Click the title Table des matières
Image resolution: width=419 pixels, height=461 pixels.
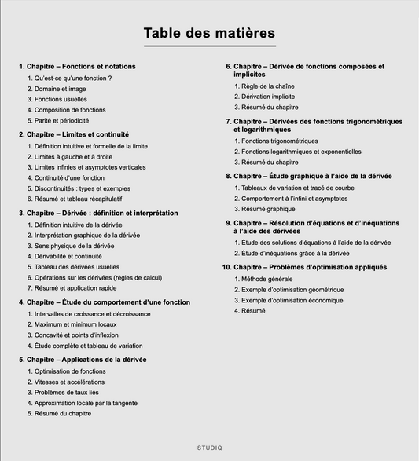pos(209,34)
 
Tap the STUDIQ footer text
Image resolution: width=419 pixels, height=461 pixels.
pos(209,448)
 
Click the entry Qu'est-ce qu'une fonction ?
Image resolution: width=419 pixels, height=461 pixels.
pos(73,79)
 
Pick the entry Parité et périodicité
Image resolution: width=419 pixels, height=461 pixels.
pos(61,121)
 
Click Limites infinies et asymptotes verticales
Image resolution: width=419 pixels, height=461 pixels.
pos(90,167)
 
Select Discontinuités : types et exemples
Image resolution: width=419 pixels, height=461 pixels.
pos(82,188)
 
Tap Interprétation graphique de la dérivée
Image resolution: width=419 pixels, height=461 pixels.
pos(87,235)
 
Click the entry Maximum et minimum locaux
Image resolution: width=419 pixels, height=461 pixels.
pos(75,324)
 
